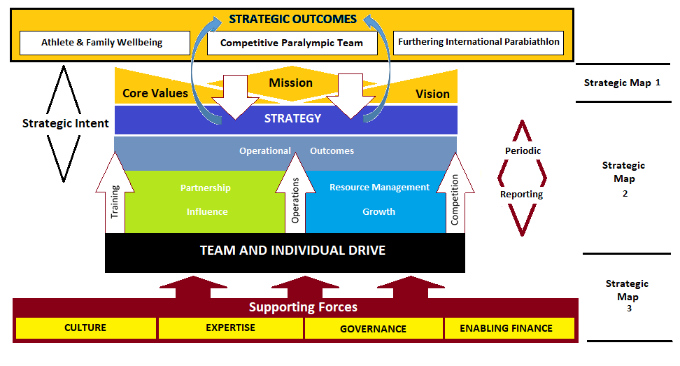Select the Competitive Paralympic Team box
pyautogui.click(x=292, y=43)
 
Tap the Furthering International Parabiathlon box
pyautogui.click(x=479, y=42)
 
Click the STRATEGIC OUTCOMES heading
pyautogui.click(x=292, y=19)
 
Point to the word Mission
pyautogui.click(x=291, y=83)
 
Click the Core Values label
pyautogui.click(x=155, y=93)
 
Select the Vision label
pyautogui.click(x=432, y=94)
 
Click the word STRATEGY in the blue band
pyautogui.click(x=292, y=118)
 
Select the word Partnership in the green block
pyautogui.click(x=206, y=188)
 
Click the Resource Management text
pyautogui.click(x=379, y=188)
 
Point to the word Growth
pyautogui.click(x=378, y=211)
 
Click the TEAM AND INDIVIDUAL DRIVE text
pyautogui.click(x=292, y=250)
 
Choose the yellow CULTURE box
pyautogui.click(x=85, y=328)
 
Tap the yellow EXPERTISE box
pyautogui.click(x=230, y=328)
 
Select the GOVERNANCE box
pyautogui.click(x=373, y=328)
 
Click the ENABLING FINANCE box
pyautogui.click(x=507, y=328)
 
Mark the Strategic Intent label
pyautogui.click(x=65, y=123)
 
